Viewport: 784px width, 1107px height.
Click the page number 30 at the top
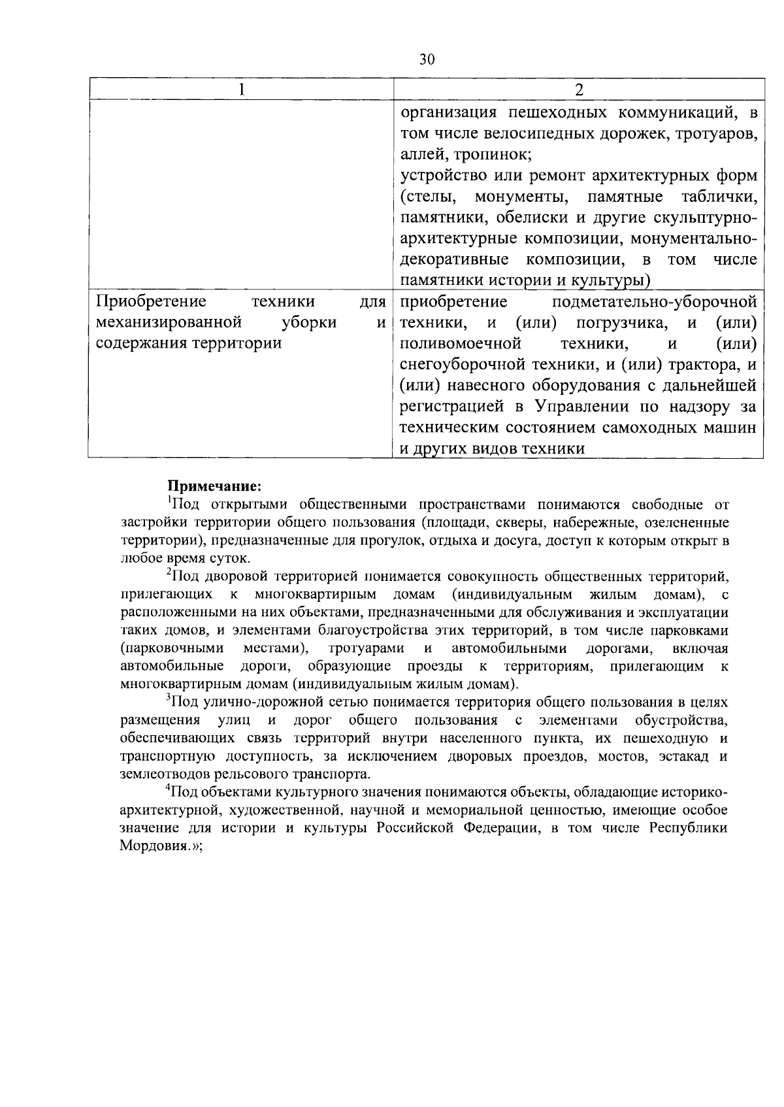click(426, 59)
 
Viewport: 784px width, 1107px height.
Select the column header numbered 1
click(241, 90)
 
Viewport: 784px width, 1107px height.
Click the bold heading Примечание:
click(215, 486)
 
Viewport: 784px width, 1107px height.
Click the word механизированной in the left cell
click(169, 322)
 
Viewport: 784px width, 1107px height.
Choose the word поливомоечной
click(460, 343)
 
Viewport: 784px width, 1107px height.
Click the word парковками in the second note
click(694, 631)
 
